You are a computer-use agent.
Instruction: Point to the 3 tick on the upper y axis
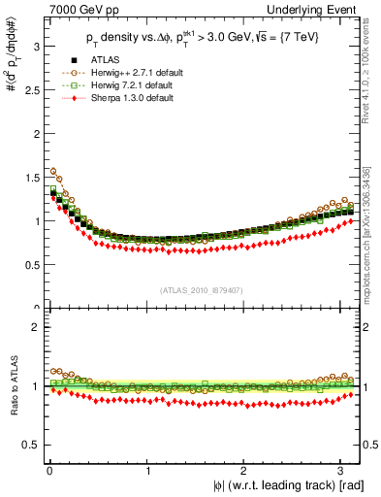coord(35,46)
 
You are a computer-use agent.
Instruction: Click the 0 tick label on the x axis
coord(49,471)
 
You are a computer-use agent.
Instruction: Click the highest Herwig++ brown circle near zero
coord(52,171)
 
